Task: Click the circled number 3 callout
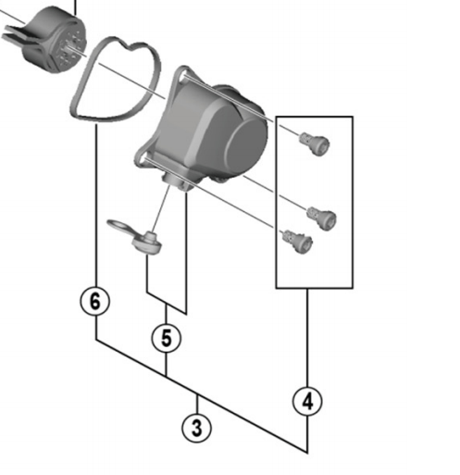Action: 196,427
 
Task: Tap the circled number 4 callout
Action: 307,401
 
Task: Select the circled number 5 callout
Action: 166,338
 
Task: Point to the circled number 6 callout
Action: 95,301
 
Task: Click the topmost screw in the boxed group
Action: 313,141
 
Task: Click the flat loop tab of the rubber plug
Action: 119,225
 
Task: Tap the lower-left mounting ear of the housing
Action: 143,157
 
